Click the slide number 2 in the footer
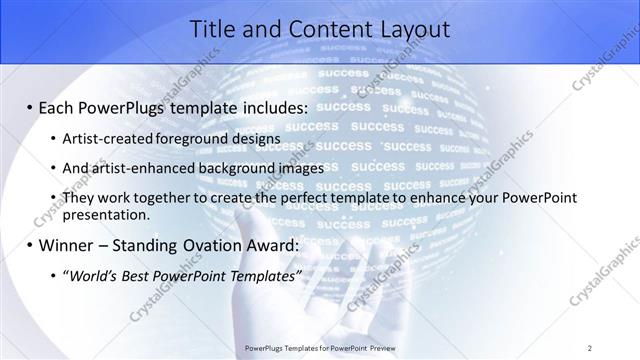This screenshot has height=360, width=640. click(590, 348)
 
